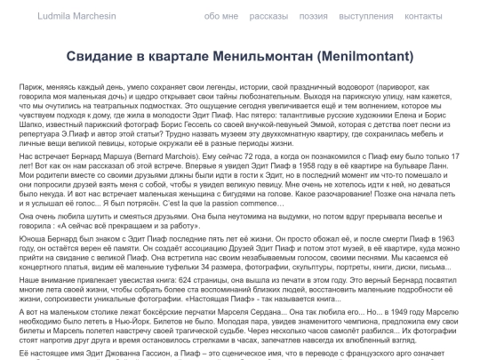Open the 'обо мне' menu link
point(221,17)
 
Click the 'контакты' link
point(436,17)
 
